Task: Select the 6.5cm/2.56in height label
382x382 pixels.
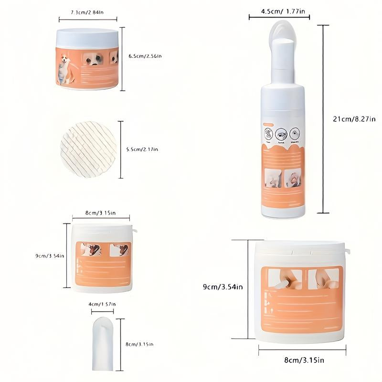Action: pyautogui.click(x=145, y=56)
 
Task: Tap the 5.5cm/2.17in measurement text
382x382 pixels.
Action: pyautogui.click(x=142, y=149)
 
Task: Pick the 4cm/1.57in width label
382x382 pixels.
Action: pyautogui.click(x=102, y=304)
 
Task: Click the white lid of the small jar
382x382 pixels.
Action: pyautogui.click(x=87, y=37)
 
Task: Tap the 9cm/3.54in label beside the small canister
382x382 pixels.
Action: pyautogui.click(x=50, y=256)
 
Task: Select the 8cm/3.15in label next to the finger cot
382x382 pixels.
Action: pyautogui.click(x=139, y=344)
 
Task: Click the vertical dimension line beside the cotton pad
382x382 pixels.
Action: pyautogui.click(x=121, y=149)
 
